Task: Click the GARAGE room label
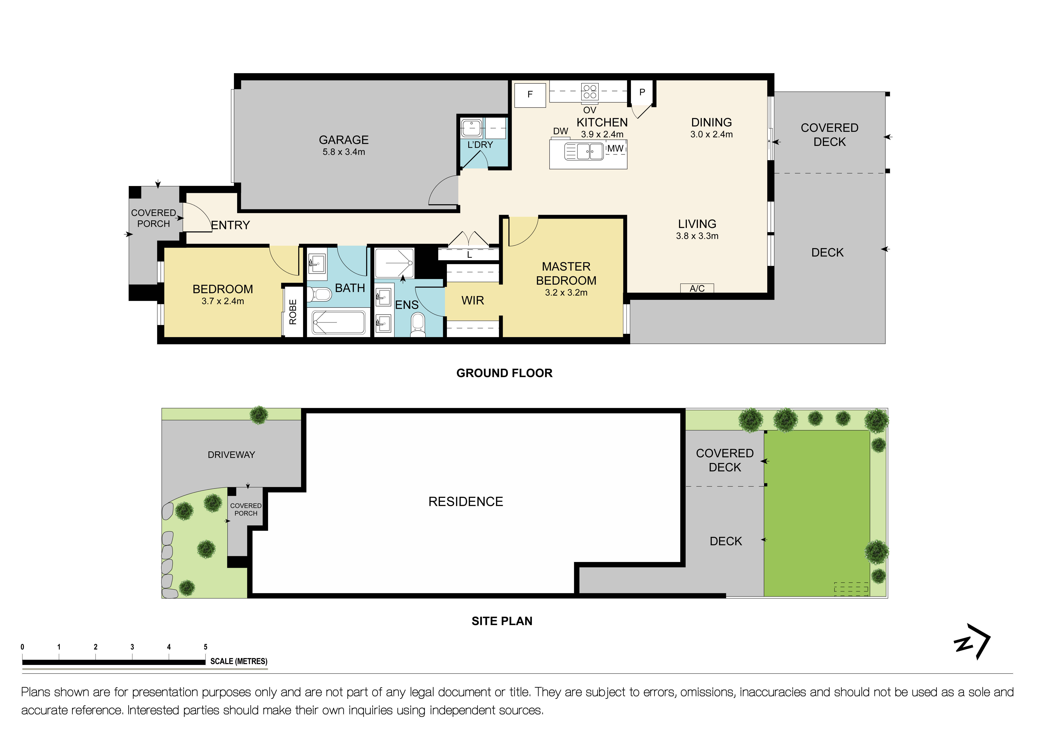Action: (x=344, y=140)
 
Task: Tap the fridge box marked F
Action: (x=530, y=95)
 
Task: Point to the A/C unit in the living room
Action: (x=697, y=288)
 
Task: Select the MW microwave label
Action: (x=615, y=149)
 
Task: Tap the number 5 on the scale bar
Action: (x=206, y=647)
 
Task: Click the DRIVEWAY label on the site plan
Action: (x=231, y=455)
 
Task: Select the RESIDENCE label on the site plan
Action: (x=466, y=502)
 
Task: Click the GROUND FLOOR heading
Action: (x=504, y=373)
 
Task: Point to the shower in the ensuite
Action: (x=394, y=263)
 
